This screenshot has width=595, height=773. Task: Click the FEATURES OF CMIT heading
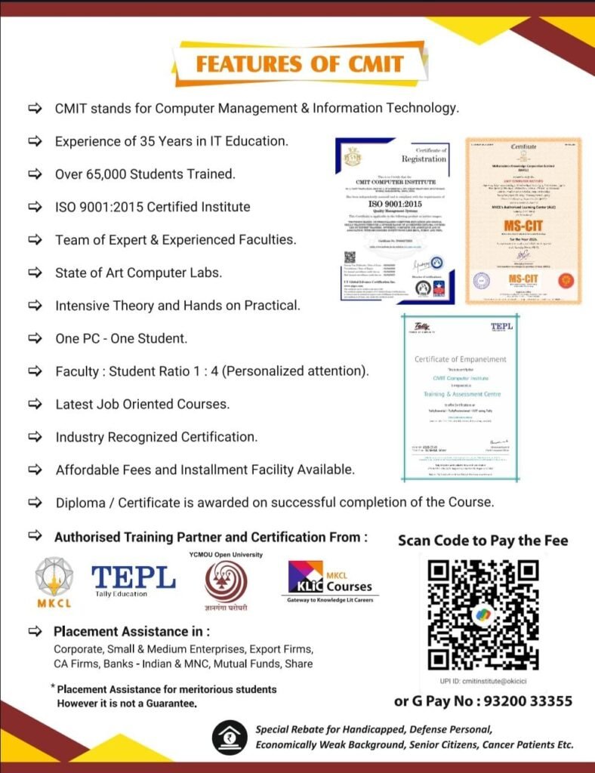click(300, 63)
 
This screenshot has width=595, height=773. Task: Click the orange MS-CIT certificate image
click(523, 220)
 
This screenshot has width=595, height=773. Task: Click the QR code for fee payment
click(483, 615)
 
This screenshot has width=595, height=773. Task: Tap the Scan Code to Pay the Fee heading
click(483, 540)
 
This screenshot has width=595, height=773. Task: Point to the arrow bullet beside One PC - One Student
click(35, 338)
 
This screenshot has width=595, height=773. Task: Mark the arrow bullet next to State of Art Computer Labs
click(35, 273)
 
